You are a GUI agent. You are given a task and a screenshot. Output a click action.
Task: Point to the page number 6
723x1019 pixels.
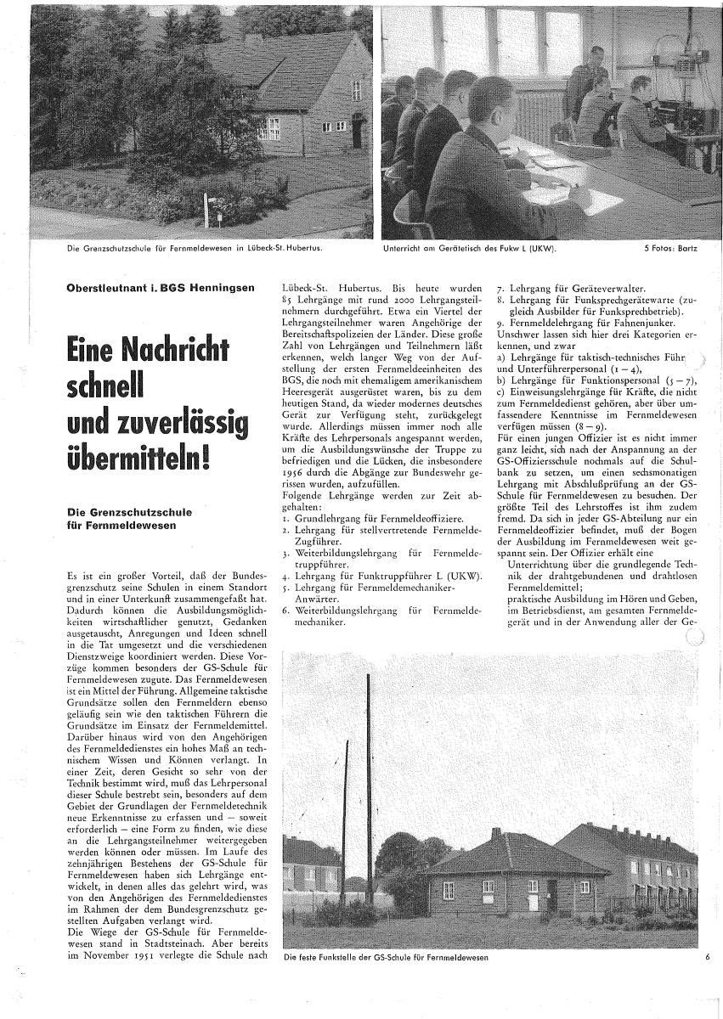coord(706,957)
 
